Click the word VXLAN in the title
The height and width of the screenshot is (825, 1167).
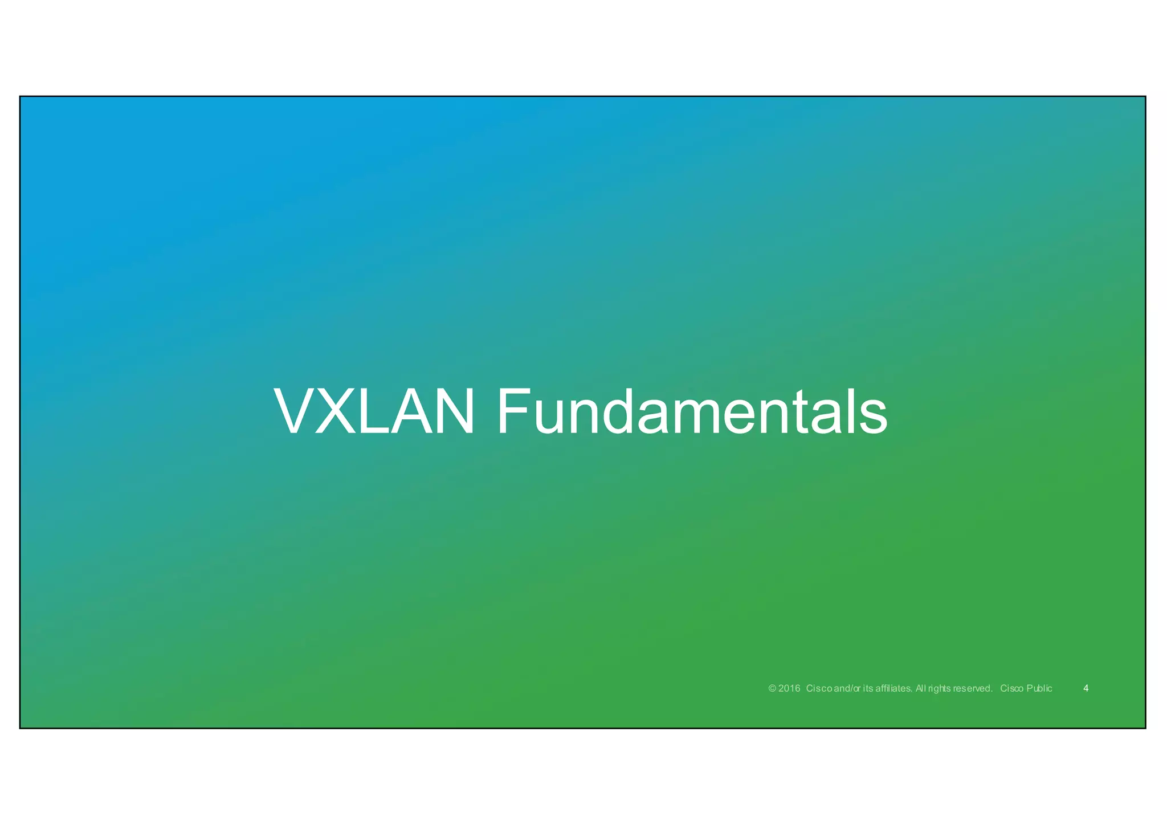pyautogui.click(x=374, y=411)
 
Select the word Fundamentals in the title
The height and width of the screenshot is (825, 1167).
pyautogui.click(x=692, y=411)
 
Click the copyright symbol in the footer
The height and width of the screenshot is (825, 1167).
pyautogui.click(x=773, y=688)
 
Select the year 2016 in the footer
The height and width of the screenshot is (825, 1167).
pyautogui.click(x=789, y=688)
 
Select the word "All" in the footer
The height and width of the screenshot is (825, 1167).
pyautogui.click(x=921, y=688)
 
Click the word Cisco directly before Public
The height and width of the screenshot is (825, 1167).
pyautogui.click(x=1012, y=688)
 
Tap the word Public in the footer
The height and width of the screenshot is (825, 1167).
pyautogui.click(x=1039, y=688)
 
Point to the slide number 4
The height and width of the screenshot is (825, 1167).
pyautogui.click(x=1086, y=688)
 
